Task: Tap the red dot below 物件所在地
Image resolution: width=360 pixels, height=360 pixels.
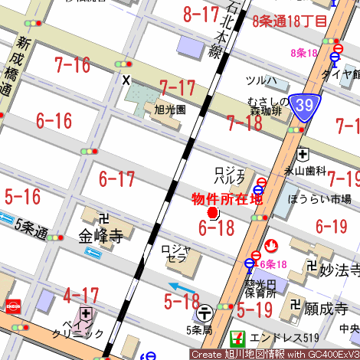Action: (x=213, y=212)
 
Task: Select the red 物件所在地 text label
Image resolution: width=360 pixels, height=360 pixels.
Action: (x=226, y=198)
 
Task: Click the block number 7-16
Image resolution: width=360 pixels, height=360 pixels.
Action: (x=72, y=65)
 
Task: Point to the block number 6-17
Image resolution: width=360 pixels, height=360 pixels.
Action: (x=116, y=179)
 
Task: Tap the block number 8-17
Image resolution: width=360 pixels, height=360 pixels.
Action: (x=201, y=13)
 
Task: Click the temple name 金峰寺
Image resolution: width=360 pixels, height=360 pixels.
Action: (x=100, y=236)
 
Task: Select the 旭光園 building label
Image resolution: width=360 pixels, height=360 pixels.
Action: (x=169, y=110)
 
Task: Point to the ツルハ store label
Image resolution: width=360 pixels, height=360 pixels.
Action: (x=261, y=80)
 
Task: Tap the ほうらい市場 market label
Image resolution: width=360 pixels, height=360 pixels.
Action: (x=319, y=198)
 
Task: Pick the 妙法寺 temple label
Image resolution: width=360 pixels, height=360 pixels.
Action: (x=339, y=269)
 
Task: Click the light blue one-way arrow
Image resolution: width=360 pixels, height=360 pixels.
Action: (x=182, y=288)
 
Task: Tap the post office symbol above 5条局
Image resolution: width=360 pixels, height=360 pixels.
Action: (x=205, y=313)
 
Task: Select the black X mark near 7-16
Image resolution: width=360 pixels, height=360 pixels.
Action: (x=126, y=79)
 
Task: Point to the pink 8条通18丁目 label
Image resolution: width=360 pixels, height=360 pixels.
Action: (x=289, y=21)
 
